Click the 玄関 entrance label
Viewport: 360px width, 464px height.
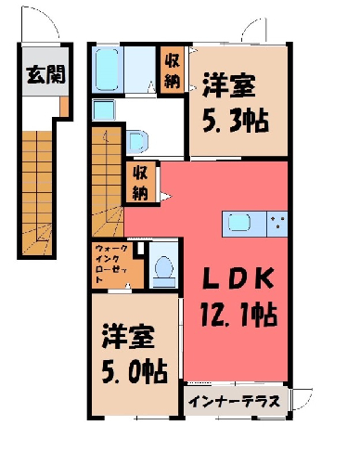coord(45,74)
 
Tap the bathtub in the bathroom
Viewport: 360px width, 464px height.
coord(107,70)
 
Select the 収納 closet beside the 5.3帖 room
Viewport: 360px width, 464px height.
coord(173,71)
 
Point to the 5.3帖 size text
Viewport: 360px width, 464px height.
coord(235,121)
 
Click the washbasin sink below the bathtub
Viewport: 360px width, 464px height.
coord(104,110)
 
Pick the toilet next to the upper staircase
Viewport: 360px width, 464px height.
coord(137,142)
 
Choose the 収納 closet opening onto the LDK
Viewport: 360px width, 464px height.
coord(140,183)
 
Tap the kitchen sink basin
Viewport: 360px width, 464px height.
coord(239,223)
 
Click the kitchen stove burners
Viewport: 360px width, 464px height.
coord(277,223)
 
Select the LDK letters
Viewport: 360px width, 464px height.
coord(238,278)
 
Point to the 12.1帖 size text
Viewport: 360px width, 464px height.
coord(238,316)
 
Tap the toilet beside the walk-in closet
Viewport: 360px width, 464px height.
coord(164,268)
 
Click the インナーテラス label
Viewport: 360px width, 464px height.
coord(234,402)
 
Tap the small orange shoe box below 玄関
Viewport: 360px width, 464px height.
coord(64,107)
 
